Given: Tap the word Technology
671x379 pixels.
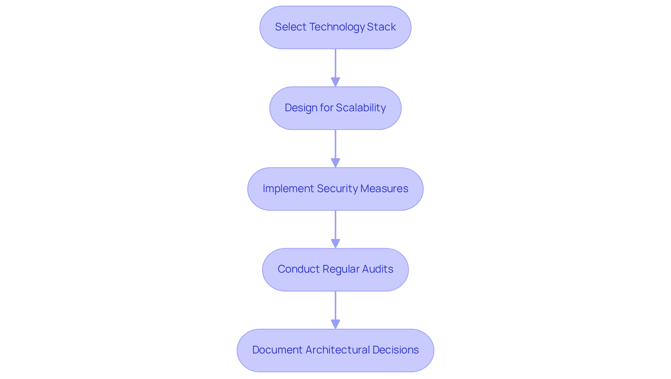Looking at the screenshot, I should click(x=337, y=27).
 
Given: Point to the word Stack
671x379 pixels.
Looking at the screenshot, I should click(x=381, y=27).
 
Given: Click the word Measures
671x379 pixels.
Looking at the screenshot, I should click(x=384, y=189).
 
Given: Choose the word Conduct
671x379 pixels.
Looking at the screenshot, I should click(x=298, y=269).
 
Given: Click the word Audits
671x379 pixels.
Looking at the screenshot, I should click(x=378, y=269).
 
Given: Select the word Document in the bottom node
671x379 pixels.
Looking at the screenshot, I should click(x=277, y=350).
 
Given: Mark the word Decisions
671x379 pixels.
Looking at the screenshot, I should click(x=396, y=350).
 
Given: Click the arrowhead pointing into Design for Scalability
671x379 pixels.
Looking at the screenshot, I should click(x=335, y=82).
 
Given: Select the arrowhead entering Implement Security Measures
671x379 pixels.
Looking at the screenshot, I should click(x=335, y=163).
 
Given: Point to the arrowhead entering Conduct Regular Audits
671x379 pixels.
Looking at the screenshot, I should click(x=335, y=244).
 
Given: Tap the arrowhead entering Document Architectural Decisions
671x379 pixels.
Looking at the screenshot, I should click(x=335, y=324).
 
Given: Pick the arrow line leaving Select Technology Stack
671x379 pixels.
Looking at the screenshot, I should click(x=335, y=63).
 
